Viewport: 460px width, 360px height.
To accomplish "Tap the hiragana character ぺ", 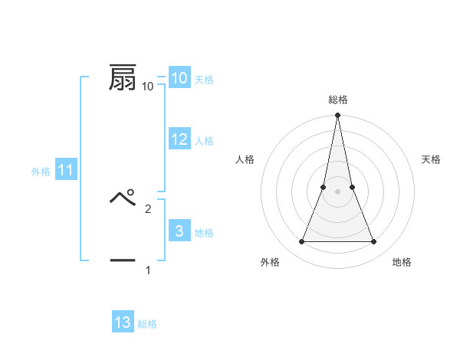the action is point(123,199).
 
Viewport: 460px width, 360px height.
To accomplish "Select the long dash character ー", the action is point(123,260).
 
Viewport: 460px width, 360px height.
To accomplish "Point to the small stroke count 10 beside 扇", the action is point(148,87).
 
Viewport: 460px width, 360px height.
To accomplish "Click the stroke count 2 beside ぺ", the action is point(148,208).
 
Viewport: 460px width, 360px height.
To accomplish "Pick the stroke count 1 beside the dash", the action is point(148,270).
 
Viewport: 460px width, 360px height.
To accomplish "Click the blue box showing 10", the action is point(179,78).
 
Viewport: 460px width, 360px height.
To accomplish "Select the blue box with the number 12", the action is point(179,139).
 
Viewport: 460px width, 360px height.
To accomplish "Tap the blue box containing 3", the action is point(179,231).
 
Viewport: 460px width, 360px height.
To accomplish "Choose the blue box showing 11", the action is point(66,170).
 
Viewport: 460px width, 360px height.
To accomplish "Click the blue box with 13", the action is point(123,322).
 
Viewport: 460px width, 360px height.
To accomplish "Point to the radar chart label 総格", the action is point(337,100).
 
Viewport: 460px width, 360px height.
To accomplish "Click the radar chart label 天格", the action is point(432,159).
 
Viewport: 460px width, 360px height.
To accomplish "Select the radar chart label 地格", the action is point(402,262).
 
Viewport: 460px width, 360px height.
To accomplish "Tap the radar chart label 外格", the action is point(270,262).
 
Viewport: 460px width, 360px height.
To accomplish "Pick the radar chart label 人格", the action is point(245,159).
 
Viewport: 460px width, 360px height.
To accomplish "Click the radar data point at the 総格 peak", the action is point(337,116).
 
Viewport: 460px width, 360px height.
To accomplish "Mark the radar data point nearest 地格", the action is point(373,242).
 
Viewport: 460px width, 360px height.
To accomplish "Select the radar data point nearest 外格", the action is point(301,242).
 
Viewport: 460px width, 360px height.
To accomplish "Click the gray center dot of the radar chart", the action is point(337,191).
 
